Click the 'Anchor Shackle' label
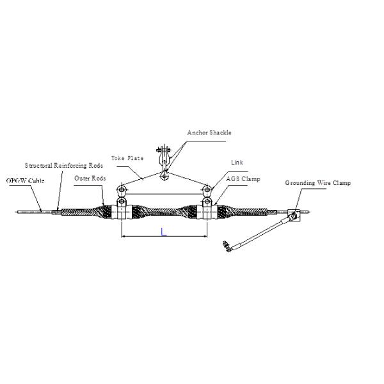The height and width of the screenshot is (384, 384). click(x=209, y=132)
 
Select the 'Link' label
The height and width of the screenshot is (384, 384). click(x=237, y=163)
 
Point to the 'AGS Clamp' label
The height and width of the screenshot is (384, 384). click(x=243, y=179)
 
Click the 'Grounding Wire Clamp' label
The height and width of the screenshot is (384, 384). click(x=317, y=183)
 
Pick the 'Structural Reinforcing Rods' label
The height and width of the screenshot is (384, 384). click(x=63, y=166)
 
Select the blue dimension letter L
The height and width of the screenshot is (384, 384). click(x=164, y=233)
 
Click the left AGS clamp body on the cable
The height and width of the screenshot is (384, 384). click(x=121, y=209)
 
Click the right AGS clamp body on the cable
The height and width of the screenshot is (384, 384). click(x=207, y=209)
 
